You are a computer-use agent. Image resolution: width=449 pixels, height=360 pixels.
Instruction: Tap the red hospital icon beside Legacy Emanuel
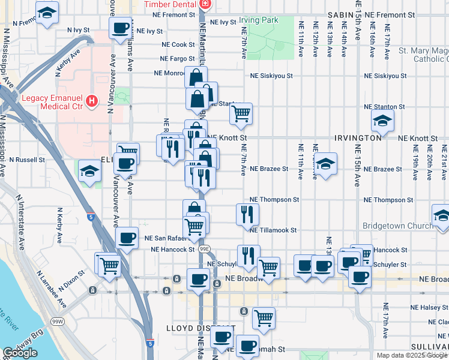92,101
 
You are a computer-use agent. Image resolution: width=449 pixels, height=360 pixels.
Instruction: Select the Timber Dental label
174,4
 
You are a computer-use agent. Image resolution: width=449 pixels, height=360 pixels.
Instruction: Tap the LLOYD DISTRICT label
191,329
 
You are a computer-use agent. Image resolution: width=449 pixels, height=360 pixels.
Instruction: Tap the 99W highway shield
58,321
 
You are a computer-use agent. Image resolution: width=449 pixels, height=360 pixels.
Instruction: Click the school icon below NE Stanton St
382,120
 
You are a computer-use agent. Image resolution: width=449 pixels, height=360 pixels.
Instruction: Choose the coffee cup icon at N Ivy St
120,28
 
